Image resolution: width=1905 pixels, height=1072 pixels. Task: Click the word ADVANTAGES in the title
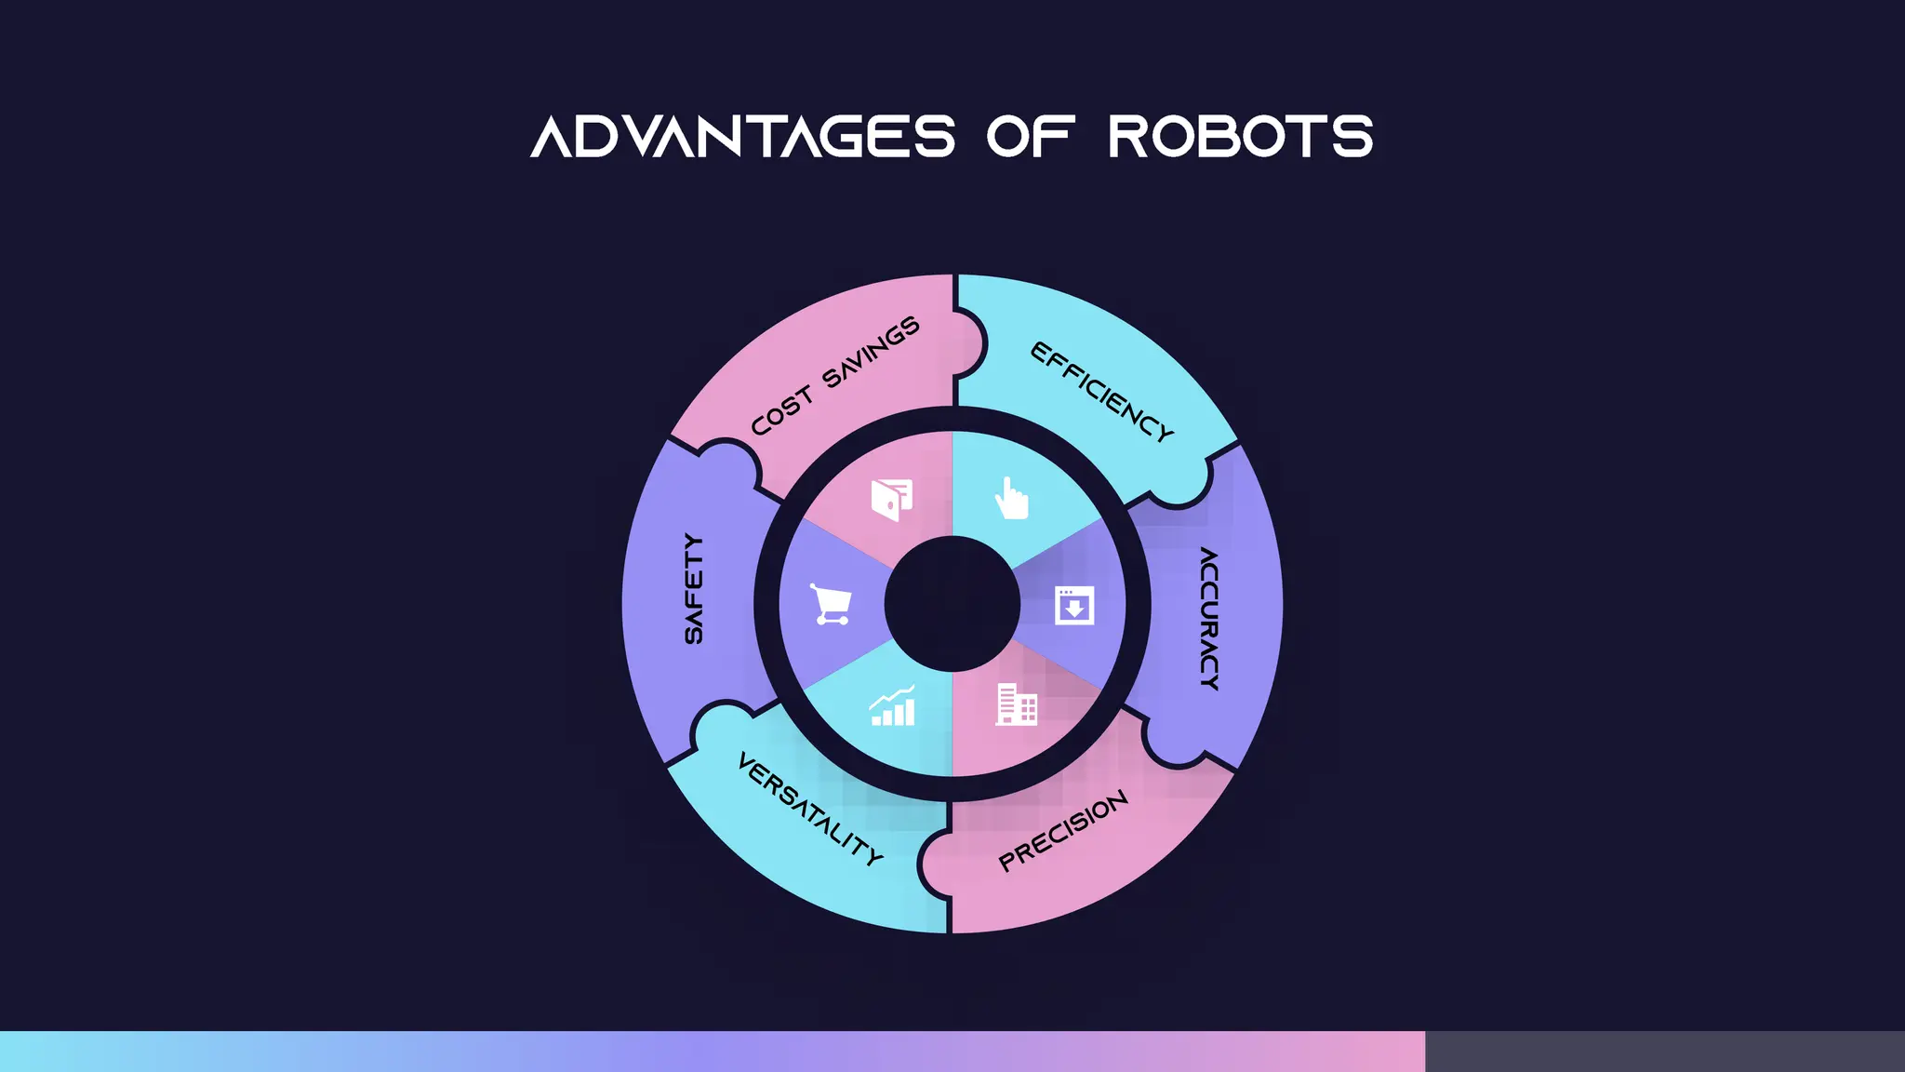(742, 137)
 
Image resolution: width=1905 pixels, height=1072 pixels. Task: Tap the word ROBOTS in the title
(1240, 137)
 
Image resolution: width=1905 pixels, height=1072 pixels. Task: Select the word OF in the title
(1031, 137)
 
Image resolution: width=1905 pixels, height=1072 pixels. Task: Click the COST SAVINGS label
(834, 376)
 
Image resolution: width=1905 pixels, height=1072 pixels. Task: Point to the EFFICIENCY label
(1102, 392)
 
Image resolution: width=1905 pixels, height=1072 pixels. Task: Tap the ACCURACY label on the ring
(1208, 618)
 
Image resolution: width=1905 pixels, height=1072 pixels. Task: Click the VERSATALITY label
(810, 810)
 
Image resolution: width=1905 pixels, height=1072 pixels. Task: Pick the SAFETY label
(694, 588)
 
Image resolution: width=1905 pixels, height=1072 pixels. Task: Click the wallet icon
(891, 500)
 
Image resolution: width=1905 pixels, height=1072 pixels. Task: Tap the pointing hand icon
(1011, 498)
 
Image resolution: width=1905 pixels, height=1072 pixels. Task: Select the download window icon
(1074, 605)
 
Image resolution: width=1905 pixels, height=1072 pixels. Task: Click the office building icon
(1016, 704)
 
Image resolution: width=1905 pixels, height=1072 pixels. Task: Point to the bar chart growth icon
(892, 706)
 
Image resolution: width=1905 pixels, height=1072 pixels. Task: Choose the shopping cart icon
(830, 605)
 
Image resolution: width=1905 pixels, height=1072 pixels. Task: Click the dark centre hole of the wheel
(952, 604)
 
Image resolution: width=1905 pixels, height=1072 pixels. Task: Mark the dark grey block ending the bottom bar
(1664, 1051)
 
